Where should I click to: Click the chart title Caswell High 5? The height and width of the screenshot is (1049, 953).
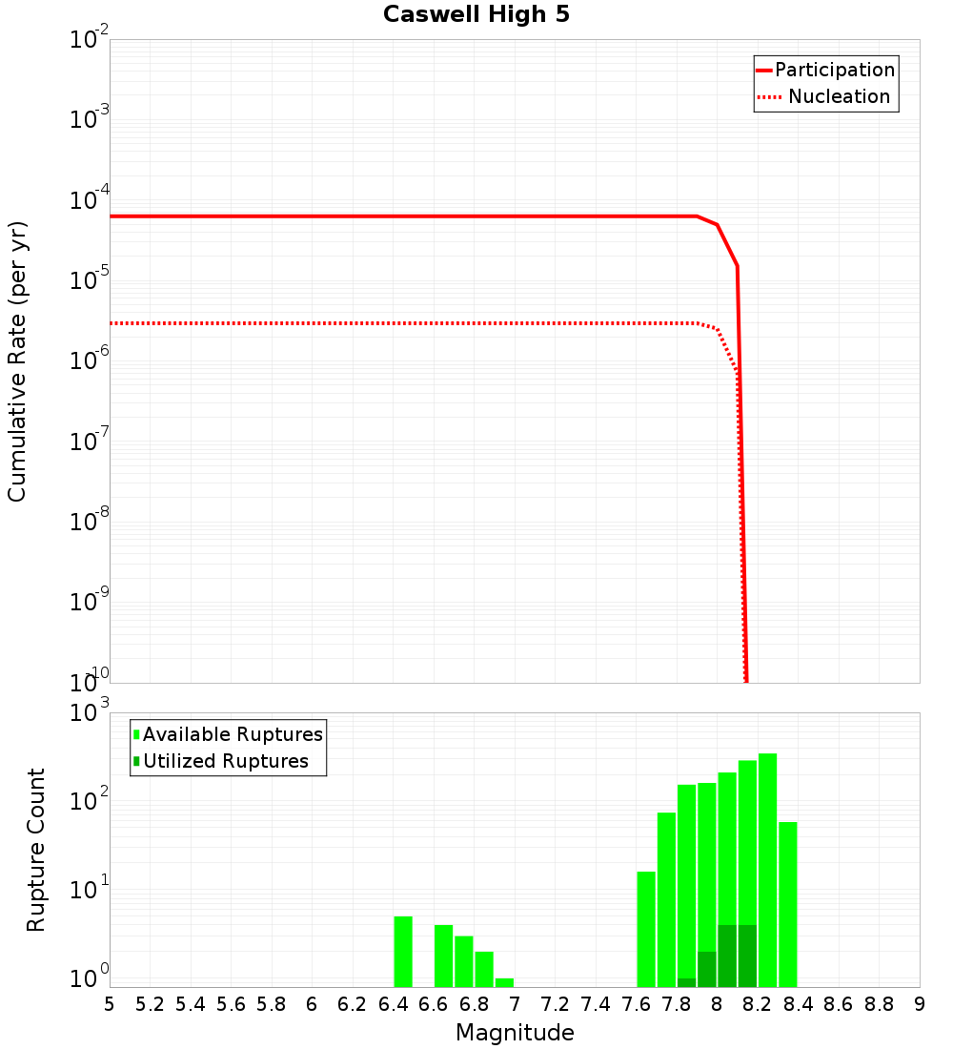[476, 15]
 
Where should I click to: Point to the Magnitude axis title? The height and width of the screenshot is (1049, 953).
[515, 1033]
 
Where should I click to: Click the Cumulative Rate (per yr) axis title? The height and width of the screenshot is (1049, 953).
[17, 360]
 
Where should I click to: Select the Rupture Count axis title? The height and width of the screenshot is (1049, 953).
[36, 849]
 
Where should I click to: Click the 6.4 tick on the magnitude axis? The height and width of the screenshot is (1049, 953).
[393, 1004]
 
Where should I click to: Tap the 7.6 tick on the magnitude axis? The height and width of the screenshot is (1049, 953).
[636, 1004]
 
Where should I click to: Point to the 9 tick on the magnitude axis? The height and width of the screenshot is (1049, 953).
[919, 1004]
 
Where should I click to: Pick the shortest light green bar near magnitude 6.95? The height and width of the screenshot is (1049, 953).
[504, 982]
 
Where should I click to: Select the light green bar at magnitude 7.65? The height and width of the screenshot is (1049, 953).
[646, 929]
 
